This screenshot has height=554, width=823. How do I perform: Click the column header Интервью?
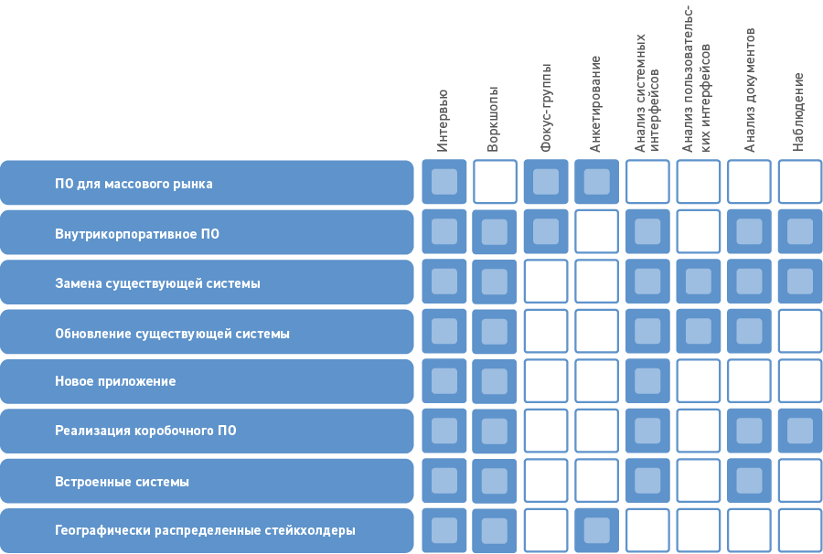pos(443,120)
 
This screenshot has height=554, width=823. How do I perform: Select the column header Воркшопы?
pos(494,119)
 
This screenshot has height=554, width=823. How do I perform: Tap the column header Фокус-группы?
pos(546,108)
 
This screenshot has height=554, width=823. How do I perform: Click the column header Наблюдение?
pos(798,112)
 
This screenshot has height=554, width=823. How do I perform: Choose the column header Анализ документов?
pos(750,90)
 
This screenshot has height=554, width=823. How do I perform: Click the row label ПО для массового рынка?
pos(134,184)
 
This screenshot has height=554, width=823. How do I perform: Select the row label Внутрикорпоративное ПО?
pos(137,234)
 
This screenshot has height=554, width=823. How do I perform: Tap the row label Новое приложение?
pos(115,381)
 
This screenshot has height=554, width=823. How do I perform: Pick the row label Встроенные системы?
pos(122,482)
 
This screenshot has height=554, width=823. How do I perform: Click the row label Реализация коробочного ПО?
pos(145,431)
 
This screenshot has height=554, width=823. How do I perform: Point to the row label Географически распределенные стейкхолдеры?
pos(205,530)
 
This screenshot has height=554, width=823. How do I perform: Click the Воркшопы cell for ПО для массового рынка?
pos(495,182)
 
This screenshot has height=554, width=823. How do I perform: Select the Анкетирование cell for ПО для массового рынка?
pos(596,182)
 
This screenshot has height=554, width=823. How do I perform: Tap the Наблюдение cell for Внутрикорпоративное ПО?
pos(799,231)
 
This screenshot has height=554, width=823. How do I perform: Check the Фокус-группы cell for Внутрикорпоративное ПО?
pos(546,231)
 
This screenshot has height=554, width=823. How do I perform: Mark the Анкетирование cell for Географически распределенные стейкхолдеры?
pos(596,530)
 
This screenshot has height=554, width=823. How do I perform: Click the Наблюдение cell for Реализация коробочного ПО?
pos(799,431)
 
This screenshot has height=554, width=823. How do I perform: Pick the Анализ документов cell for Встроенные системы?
pos(749,481)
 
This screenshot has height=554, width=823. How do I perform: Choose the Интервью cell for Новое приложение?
pos(444,381)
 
